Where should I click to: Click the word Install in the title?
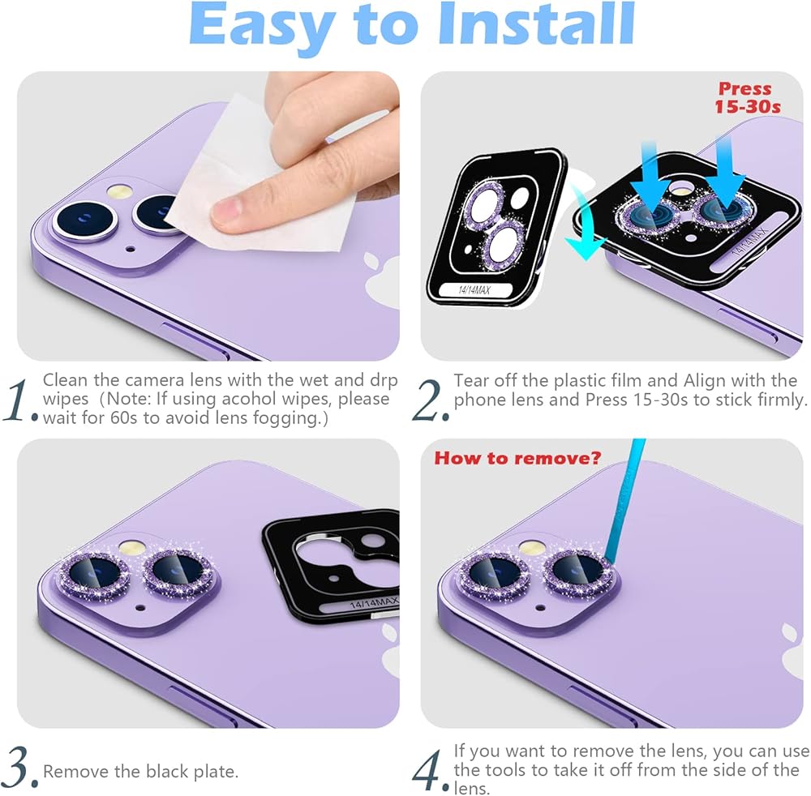536,24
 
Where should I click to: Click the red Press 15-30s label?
747,97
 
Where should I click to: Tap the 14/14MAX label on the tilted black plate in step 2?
474,290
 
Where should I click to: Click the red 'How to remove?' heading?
517,457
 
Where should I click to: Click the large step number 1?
18,400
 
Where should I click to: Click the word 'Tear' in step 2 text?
472,380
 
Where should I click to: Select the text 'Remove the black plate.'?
140,771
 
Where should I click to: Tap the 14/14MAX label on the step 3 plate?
373,603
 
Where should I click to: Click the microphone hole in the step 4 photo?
540,607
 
